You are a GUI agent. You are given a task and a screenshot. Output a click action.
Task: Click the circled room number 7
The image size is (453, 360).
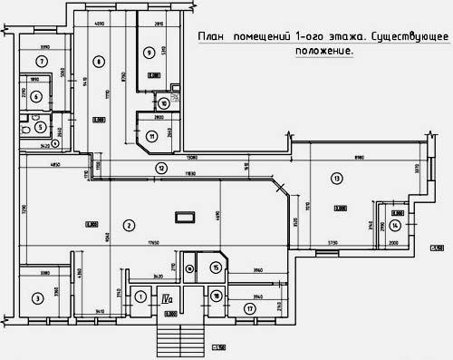coord(41,61)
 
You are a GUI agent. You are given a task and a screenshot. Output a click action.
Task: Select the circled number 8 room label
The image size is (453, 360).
coord(97,62)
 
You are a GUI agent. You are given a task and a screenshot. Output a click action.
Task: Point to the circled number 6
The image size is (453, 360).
coord(37,96)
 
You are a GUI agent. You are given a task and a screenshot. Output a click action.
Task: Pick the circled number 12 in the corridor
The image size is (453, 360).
coord(160,168)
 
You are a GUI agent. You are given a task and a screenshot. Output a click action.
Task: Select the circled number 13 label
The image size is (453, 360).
coord(338,179)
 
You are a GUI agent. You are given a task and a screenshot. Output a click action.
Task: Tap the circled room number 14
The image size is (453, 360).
coord(395,225)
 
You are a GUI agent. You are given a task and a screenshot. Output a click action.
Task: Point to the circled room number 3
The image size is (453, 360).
coord(38,297)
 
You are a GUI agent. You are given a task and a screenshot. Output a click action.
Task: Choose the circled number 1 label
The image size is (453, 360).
coord(140,296)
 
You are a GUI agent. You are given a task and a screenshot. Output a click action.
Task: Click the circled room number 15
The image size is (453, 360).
coord(216,268)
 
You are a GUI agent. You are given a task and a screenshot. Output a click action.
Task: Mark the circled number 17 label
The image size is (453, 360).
coord(250,308)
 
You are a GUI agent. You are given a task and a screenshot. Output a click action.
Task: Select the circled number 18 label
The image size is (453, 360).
coord(216,296)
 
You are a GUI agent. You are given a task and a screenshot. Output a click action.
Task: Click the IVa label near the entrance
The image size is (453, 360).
coord(168,297)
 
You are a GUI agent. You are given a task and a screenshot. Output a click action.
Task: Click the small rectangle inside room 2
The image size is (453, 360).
coord(184,217)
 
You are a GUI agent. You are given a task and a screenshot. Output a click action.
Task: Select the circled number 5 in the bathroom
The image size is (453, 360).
coord(41,128)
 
